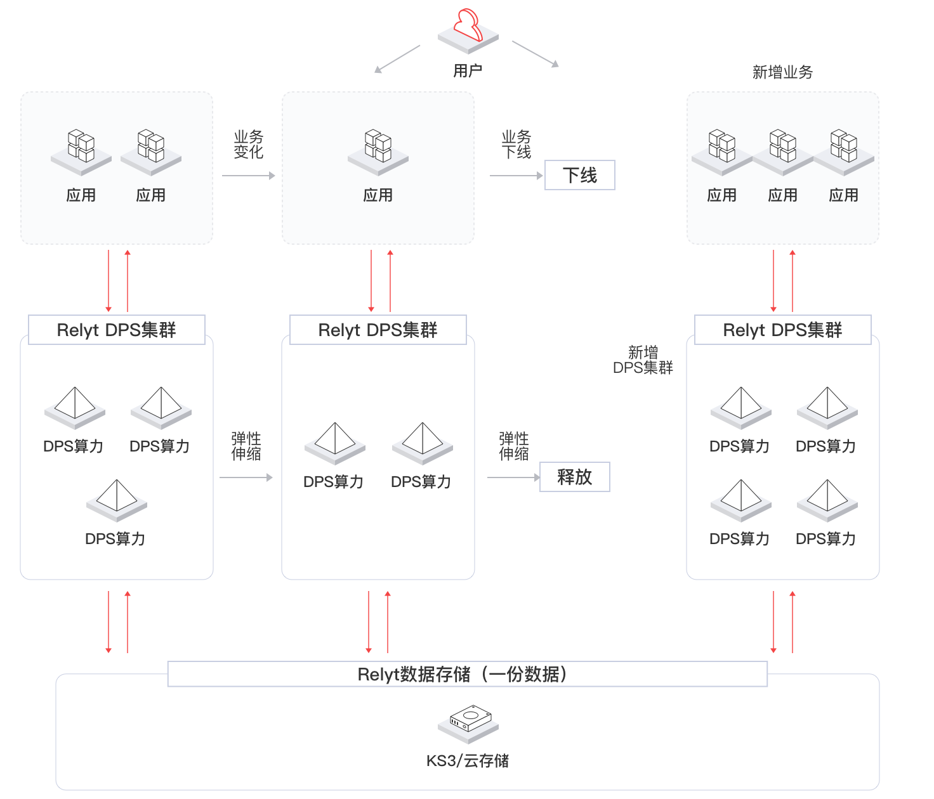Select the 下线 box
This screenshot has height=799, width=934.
tap(580, 175)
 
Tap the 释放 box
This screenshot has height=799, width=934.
tap(574, 477)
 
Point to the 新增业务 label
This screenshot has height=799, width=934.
tap(782, 72)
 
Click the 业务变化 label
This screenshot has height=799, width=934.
tap(248, 145)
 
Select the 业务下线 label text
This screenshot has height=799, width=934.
tap(516, 145)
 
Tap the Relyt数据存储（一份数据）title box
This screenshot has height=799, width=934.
tap(467, 674)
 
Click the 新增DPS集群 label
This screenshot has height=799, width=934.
tap(643, 360)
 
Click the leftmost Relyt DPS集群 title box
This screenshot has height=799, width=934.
tap(117, 330)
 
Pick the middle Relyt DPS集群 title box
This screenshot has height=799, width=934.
tap(378, 330)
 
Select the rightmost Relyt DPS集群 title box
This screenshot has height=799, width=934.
tap(782, 330)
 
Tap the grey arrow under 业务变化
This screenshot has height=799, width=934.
tap(248, 176)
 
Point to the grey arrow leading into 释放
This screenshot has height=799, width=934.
tap(513, 477)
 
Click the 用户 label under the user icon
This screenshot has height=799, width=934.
tap(468, 70)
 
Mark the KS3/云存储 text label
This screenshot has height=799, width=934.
tap(468, 760)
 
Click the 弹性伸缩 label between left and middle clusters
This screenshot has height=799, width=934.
tap(246, 446)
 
